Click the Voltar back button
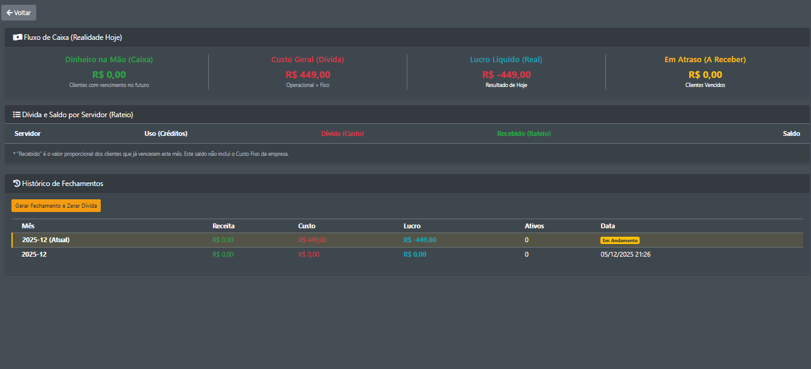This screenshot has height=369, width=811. (19, 13)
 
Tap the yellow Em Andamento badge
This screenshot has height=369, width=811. (620, 240)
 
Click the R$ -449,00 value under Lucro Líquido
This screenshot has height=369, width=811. (506, 75)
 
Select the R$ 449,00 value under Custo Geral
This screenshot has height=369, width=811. (308, 75)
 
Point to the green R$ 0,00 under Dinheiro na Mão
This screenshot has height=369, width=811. (109, 75)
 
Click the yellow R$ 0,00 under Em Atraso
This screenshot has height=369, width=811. (705, 75)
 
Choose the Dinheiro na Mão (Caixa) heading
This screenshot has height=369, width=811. (109, 60)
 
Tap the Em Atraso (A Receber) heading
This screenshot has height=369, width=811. (705, 60)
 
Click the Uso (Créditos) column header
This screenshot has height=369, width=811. (162, 133)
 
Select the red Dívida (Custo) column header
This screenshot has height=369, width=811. (342, 133)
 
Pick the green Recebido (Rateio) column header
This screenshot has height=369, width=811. (524, 133)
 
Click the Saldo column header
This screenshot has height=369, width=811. (791, 133)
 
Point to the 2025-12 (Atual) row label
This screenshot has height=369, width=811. (46, 240)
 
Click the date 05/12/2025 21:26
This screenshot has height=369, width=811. (625, 254)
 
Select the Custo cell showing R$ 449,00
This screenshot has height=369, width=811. (312, 240)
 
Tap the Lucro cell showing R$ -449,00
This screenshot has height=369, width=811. (419, 240)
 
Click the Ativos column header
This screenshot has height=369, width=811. (534, 226)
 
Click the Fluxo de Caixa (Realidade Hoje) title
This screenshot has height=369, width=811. (72, 37)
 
